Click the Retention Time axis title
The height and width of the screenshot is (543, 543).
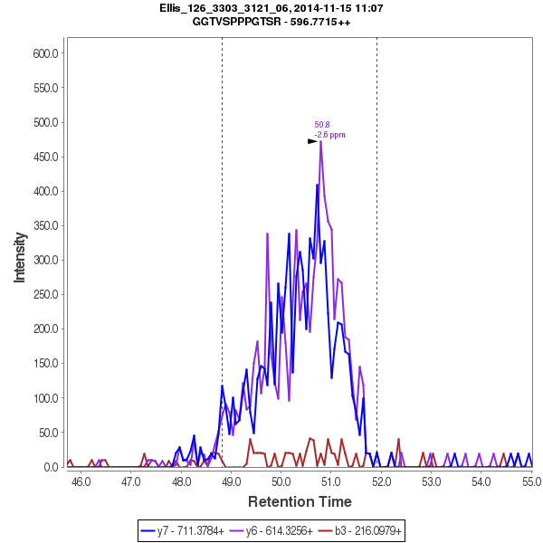pyautogui.click(x=300, y=500)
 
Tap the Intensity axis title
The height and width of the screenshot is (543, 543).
pyautogui.click(x=20, y=260)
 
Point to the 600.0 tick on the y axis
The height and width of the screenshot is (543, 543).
pyautogui.click(x=45, y=53)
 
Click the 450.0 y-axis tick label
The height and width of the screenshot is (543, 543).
pyautogui.click(x=45, y=157)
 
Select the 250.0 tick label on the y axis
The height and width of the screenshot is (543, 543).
pyautogui.click(x=45, y=295)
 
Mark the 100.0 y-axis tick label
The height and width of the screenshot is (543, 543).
pyautogui.click(x=45, y=398)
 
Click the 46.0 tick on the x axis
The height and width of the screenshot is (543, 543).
pyautogui.click(x=81, y=481)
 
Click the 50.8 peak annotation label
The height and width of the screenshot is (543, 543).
pyautogui.click(x=322, y=125)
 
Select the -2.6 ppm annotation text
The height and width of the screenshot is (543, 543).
pyautogui.click(x=329, y=135)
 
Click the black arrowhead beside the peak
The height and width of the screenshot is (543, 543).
pyautogui.click(x=312, y=141)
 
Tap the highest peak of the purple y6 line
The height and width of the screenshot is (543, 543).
pyautogui.click(x=321, y=141)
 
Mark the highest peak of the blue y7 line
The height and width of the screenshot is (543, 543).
pyautogui.click(x=317, y=185)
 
